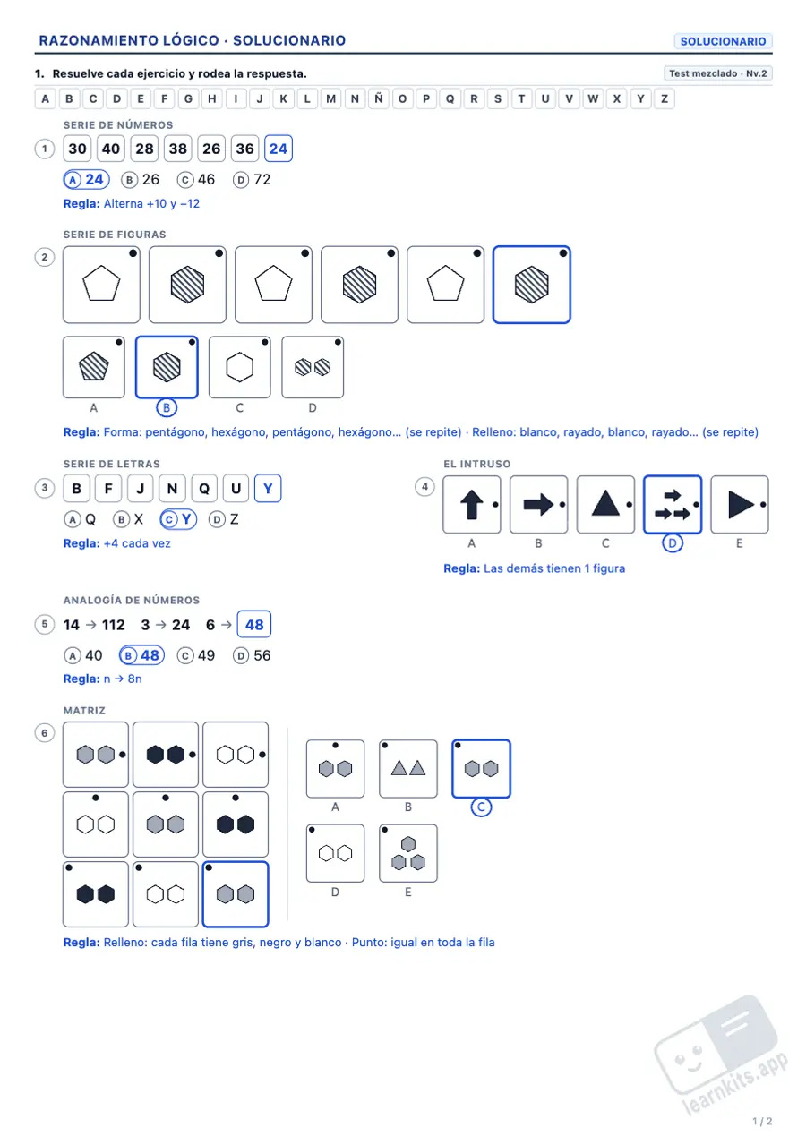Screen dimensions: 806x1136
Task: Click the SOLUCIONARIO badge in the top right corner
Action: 723,41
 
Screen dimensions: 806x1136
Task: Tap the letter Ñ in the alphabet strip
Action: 379,98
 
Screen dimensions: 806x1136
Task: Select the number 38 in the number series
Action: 178,149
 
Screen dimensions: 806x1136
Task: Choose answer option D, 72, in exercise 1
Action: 252,180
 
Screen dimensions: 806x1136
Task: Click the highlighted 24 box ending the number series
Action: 279,149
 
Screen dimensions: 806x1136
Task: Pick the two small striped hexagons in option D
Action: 313,367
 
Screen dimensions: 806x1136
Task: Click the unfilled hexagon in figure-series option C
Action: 239,367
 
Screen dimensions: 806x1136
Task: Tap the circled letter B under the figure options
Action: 167,407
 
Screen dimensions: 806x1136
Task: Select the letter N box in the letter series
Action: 173,489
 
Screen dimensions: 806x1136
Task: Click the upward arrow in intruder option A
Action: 472,505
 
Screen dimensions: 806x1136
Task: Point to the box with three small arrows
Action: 673,505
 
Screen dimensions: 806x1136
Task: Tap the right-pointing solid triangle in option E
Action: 740,505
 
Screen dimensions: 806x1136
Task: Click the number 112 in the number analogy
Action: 113,625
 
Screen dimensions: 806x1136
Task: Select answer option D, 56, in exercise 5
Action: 252,656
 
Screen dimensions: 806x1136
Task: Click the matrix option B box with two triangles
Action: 408,769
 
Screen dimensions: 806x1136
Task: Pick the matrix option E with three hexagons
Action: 408,853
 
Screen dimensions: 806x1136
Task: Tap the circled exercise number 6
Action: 45,733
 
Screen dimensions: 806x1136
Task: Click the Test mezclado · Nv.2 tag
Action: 717,73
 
